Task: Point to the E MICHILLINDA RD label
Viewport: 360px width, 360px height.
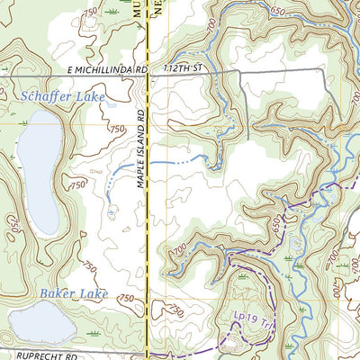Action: [105, 69]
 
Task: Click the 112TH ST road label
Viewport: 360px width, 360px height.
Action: [181, 69]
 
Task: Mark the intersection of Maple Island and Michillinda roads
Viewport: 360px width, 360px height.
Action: [148, 77]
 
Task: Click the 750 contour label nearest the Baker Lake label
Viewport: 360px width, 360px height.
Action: [126, 299]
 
